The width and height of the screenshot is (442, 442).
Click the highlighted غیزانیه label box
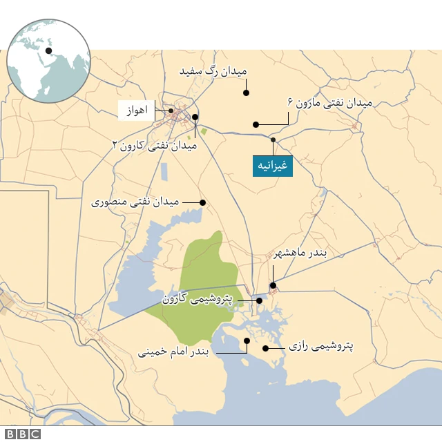[x=273, y=166]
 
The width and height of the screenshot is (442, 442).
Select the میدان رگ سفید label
[x=213, y=71]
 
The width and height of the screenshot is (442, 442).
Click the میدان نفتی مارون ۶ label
[x=329, y=103]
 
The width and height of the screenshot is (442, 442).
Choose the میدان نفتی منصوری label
[x=135, y=202]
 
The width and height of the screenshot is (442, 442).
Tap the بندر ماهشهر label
[x=300, y=253]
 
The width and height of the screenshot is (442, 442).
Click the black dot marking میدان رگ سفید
[x=246, y=92]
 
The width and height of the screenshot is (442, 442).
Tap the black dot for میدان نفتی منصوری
[x=203, y=202]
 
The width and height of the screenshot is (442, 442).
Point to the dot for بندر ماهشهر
[x=273, y=285]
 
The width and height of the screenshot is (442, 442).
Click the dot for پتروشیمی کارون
[x=259, y=300]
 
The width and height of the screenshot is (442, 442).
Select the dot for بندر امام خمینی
[x=247, y=340]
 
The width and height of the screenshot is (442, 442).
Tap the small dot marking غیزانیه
[x=273, y=140]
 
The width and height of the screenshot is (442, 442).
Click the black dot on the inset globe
[x=48, y=50]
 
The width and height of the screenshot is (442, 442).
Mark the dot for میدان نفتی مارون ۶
[x=256, y=125]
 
